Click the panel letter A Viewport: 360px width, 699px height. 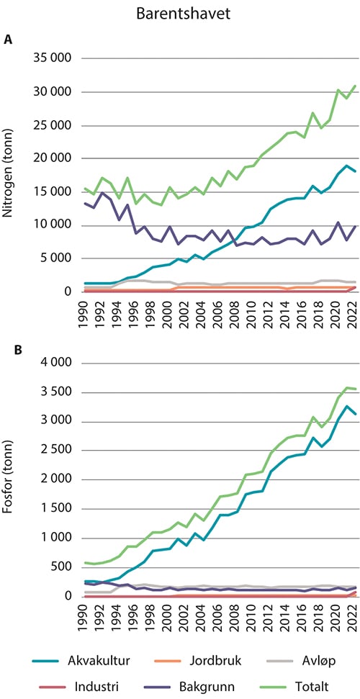click(x=9, y=40)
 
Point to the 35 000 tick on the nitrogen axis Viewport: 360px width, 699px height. click(x=56, y=58)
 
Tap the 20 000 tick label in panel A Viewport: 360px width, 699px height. click(x=56, y=158)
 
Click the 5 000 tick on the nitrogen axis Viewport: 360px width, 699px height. click(x=60, y=258)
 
